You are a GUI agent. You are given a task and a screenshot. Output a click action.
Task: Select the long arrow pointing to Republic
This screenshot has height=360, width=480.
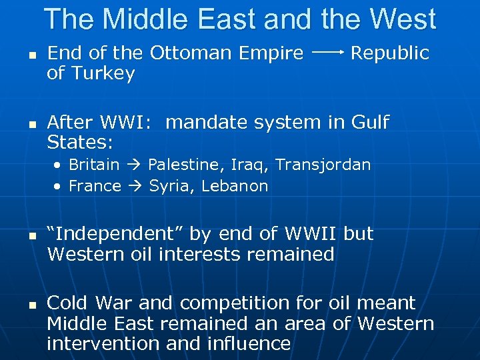[327, 51]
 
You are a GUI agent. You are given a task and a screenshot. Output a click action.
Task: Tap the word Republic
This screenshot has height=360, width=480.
[390, 53]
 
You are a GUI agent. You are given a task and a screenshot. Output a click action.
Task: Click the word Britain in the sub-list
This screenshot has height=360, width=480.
[94, 165]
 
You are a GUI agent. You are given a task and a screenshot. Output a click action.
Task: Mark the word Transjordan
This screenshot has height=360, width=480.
[323, 165]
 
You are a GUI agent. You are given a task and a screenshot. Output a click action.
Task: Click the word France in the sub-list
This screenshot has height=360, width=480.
[95, 186]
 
